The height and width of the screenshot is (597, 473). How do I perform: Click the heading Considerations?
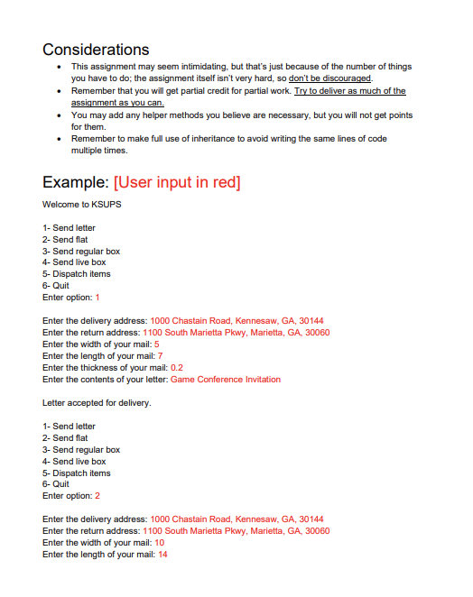click(x=96, y=49)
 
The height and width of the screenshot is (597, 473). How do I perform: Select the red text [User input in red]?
click(x=177, y=182)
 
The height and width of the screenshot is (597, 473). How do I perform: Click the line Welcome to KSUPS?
click(x=82, y=206)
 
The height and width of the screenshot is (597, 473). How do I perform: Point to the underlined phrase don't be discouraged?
click(x=329, y=78)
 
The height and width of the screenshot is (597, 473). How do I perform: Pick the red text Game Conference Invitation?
click(x=226, y=380)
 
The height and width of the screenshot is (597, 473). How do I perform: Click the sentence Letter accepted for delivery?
click(x=97, y=403)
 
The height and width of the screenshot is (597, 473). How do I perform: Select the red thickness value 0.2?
click(x=177, y=368)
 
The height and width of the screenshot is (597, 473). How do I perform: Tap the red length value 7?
click(x=160, y=356)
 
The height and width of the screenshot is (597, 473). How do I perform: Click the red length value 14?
click(x=162, y=555)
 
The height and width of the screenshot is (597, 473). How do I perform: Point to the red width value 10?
click(x=159, y=543)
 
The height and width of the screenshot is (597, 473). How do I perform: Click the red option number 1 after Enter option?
click(x=97, y=298)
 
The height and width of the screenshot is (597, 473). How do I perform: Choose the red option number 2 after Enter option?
click(x=97, y=496)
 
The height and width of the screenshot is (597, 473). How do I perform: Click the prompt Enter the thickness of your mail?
click(x=105, y=368)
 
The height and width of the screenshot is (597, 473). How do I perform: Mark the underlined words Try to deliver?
click(x=322, y=91)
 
